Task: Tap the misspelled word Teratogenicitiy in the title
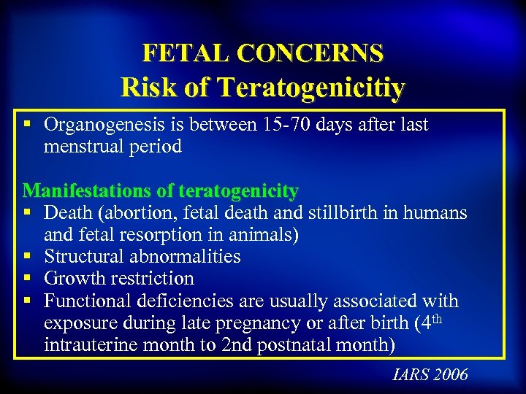(311, 87)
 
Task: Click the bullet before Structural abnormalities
(27, 257)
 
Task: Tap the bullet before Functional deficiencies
(27, 301)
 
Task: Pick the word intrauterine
(91, 344)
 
